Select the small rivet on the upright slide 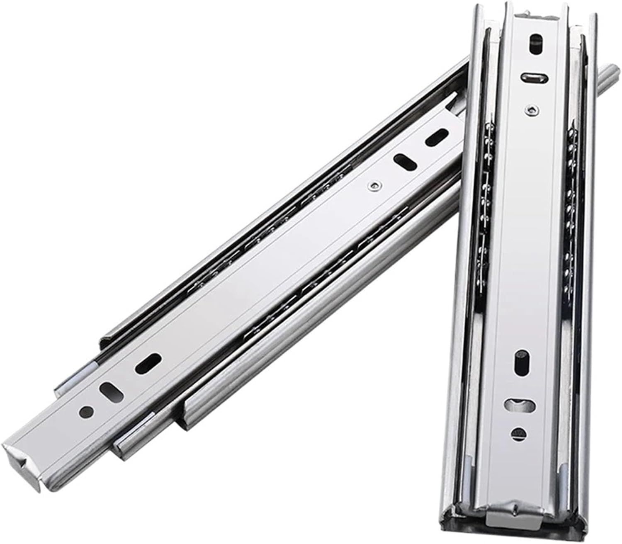[532, 109]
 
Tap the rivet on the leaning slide [374, 186]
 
